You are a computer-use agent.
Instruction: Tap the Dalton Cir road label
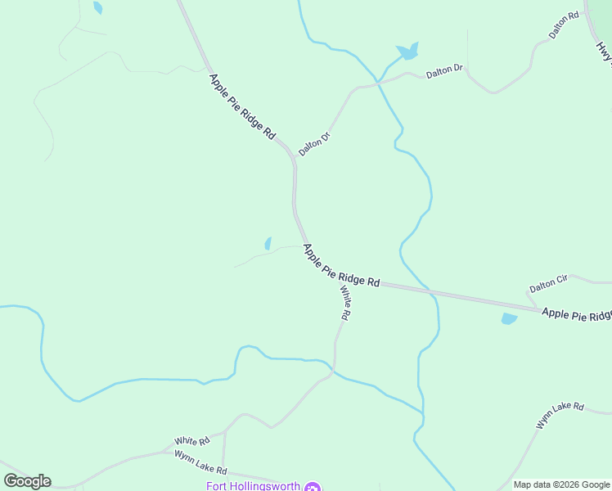[548, 284]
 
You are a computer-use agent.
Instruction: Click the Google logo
[27, 481]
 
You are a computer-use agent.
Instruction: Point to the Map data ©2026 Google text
[562, 484]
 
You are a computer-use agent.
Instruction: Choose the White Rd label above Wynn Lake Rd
[192, 440]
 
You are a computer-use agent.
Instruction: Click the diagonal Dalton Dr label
[313, 144]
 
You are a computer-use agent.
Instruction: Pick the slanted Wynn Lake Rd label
[560, 416]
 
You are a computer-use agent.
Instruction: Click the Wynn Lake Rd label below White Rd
[200, 463]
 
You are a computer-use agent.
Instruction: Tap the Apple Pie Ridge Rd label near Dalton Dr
[242, 106]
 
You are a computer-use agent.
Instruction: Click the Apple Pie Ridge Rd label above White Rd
[341, 265]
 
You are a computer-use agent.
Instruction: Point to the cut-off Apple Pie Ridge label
[577, 314]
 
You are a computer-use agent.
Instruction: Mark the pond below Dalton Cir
[509, 318]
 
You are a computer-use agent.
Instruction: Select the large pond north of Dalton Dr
[407, 52]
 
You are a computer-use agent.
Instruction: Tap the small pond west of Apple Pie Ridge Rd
[268, 243]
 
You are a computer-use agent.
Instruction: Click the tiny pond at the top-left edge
[98, 7]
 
